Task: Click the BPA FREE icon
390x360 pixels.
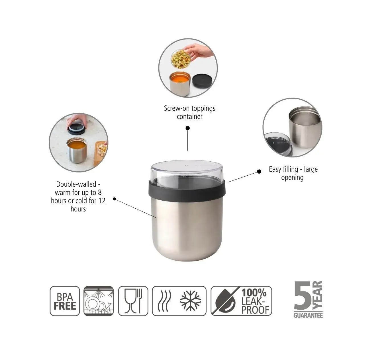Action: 65,301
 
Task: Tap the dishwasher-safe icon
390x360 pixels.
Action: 99,301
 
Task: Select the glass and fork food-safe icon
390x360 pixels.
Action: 133,301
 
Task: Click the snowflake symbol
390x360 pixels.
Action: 191,301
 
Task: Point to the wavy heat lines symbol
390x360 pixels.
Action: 164,301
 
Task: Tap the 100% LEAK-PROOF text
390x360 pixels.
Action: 255,301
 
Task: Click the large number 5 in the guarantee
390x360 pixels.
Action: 303,295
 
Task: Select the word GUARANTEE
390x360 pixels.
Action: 308,315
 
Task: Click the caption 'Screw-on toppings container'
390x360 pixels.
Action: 189,112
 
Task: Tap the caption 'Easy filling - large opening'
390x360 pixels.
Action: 293,173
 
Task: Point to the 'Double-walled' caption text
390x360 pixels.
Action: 78,184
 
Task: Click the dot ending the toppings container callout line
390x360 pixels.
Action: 188,128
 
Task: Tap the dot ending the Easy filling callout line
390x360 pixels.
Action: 259,172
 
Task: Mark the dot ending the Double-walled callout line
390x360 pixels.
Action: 115,199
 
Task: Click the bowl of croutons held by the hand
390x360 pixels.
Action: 180,59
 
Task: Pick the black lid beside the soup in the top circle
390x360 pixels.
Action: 202,81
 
